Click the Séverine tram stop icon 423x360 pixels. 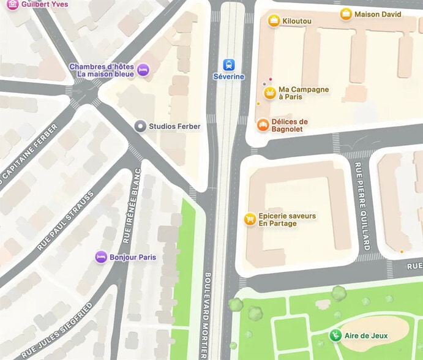[228, 65]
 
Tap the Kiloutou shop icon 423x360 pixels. [274, 21]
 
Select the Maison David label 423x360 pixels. [378, 14]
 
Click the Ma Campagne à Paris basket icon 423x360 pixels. [269, 93]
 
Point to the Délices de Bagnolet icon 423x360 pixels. [263, 125]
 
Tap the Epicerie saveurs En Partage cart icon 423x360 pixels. [250, 219]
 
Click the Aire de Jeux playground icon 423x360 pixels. [335, 335]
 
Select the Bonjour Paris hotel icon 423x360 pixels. [101, 257]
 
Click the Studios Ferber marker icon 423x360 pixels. [140, 126]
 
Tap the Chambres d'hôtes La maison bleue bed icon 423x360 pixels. [143, 70]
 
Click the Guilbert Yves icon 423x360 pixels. [12, 4]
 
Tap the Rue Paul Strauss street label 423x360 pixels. [66, 221]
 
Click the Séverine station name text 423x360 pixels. [228, 77]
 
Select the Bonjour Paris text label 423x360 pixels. [133, 257]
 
